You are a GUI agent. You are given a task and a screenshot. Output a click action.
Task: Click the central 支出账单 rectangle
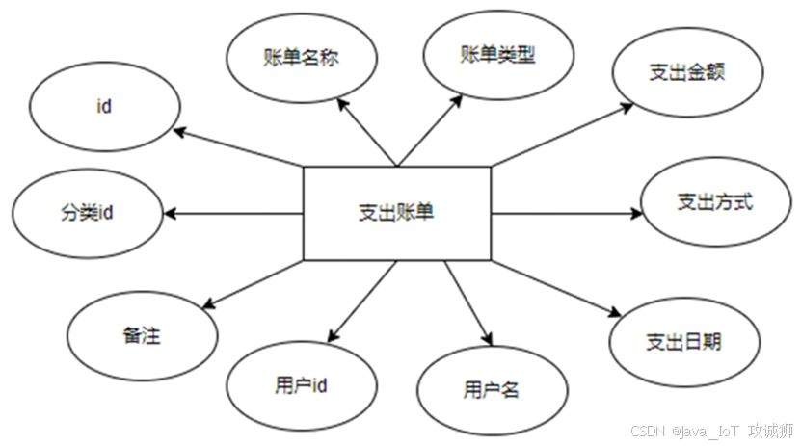(396, 213)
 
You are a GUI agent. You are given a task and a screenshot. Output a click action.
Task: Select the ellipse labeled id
(103, 107)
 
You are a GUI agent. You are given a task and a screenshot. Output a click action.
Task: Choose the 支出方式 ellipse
(714, 202)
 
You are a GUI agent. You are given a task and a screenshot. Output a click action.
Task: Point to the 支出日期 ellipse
(683, 341)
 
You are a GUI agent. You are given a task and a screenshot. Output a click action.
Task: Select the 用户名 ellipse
(491, 390)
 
